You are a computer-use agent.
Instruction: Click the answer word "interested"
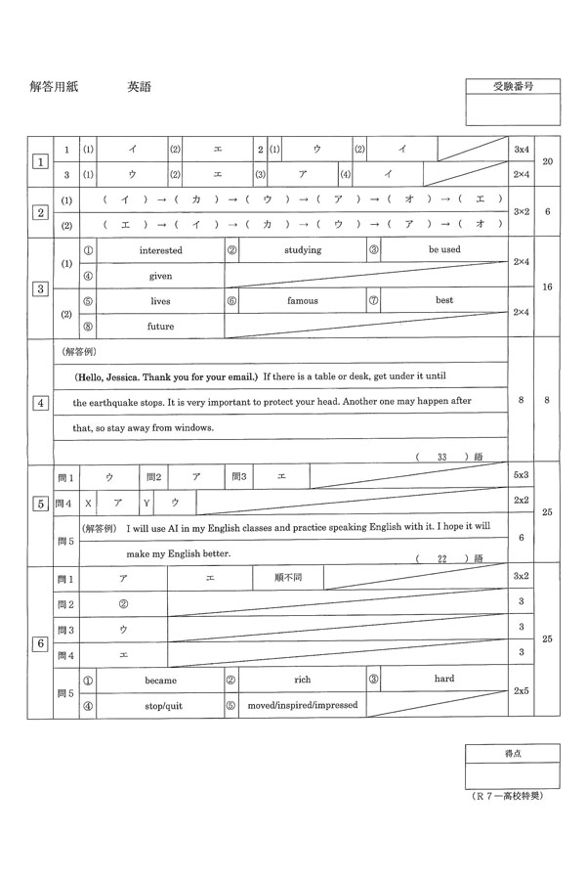point(160,250)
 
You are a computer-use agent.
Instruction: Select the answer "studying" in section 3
point(303,250)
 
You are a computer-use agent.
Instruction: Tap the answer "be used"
point(444,250)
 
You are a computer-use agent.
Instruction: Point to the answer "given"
point(160,276)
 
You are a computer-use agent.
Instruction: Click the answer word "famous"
point(303,301)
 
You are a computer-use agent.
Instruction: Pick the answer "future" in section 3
point(160,327)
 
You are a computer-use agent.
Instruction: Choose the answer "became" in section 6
point(160,679)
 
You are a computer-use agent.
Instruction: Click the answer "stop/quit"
point(160,704)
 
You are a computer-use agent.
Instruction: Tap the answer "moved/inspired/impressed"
point(303,704)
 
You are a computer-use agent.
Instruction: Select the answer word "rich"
point(303,679)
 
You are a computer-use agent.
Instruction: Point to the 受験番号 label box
point(513,87)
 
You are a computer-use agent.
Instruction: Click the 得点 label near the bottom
point(513,754)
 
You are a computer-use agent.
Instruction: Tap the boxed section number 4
point(40,402)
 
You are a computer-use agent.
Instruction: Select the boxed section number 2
point(40,212)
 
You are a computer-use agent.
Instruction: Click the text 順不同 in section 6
point(288,578)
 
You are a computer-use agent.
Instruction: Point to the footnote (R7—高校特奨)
point(507,796)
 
